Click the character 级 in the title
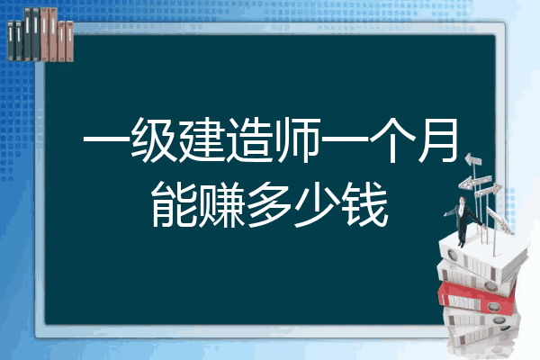154,139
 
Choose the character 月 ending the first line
438,139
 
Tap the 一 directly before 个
346,139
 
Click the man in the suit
463,220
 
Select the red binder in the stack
477,297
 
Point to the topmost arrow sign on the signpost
473,160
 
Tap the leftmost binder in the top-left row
11,41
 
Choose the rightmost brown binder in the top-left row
70,41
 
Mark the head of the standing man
463,200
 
